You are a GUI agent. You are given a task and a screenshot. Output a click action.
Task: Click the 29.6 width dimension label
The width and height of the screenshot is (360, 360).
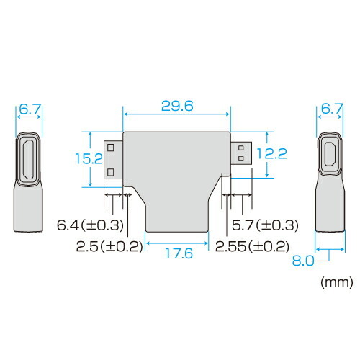pyautogui.click(x=177, y=106)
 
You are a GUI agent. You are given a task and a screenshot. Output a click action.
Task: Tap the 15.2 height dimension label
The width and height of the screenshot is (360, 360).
pyautogui.click(x=89, y=158)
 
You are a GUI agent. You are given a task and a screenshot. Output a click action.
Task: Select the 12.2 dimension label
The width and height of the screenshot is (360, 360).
pyautogui.click(x=271, y=154)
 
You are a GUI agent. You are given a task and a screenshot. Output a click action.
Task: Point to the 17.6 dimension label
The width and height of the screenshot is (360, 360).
pyautogui.click(x=179, y=253)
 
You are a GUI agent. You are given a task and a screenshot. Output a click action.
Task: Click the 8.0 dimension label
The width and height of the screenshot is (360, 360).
pyautogui.click(x=303, y=261)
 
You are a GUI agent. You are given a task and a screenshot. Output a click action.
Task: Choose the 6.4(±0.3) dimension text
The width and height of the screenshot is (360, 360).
pyautogui.click(x=90, y=225)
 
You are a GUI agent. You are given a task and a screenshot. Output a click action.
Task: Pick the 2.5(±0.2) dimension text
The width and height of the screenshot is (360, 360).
pyautogui.click(x=109, y=246)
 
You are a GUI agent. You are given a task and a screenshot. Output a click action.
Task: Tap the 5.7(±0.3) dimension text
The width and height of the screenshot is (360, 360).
pyautogui.click(x=265, y=225)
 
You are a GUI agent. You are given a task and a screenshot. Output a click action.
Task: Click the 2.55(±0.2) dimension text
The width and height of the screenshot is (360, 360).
pyautogui.click(x=252, y=246)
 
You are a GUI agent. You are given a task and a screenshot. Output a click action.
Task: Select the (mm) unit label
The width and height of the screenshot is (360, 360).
pyautogui.click(x=337, y=282)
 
